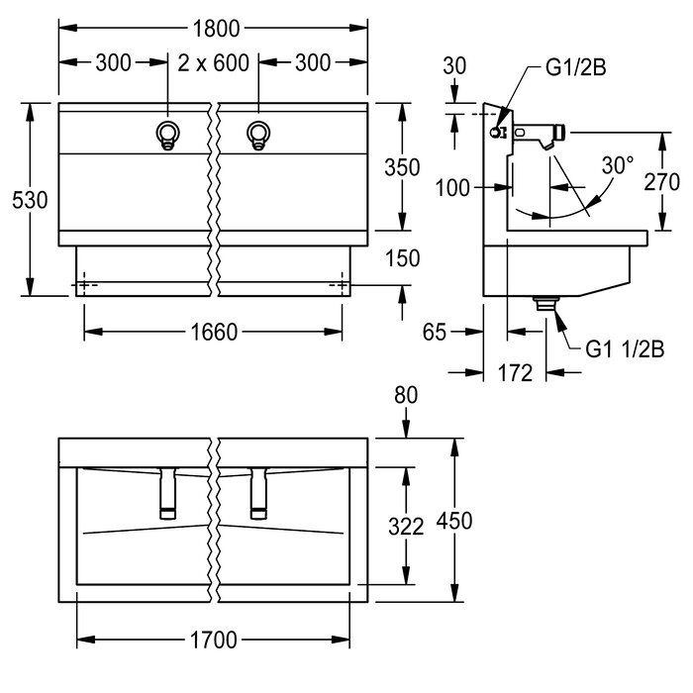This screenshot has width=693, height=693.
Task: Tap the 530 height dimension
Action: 31,198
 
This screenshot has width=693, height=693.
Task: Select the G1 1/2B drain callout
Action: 625,347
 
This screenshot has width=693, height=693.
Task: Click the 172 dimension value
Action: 515,372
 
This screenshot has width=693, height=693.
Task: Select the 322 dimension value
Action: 406,527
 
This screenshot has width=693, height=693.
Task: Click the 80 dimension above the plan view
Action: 406,394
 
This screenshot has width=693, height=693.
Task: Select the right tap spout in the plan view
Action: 259,492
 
